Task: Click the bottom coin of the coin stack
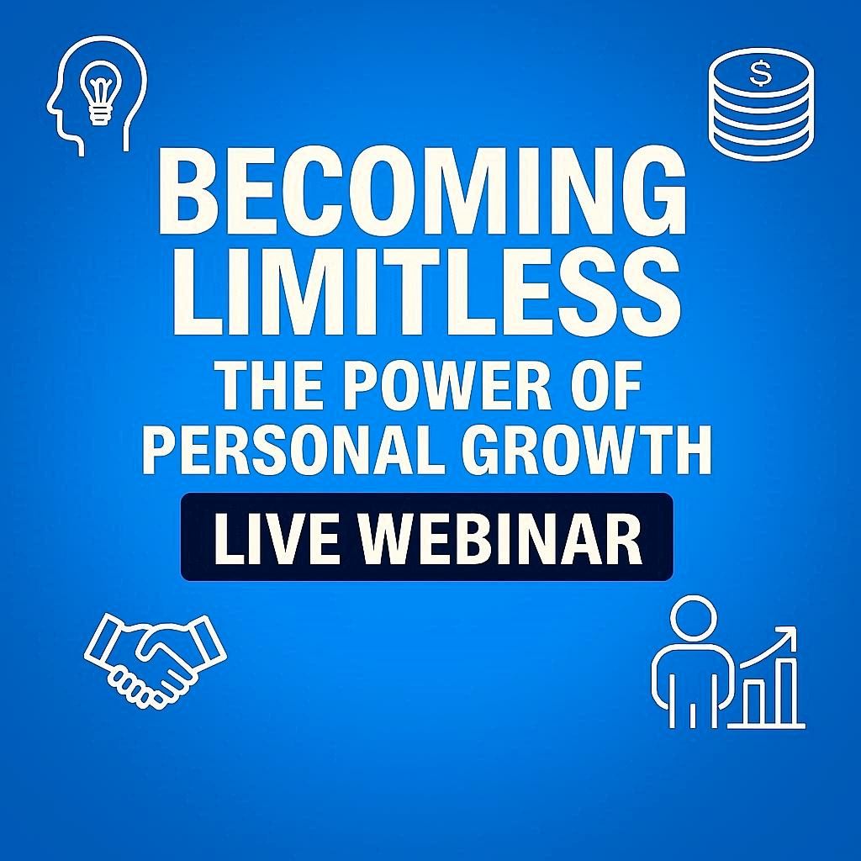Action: click(x=761, y=140)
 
